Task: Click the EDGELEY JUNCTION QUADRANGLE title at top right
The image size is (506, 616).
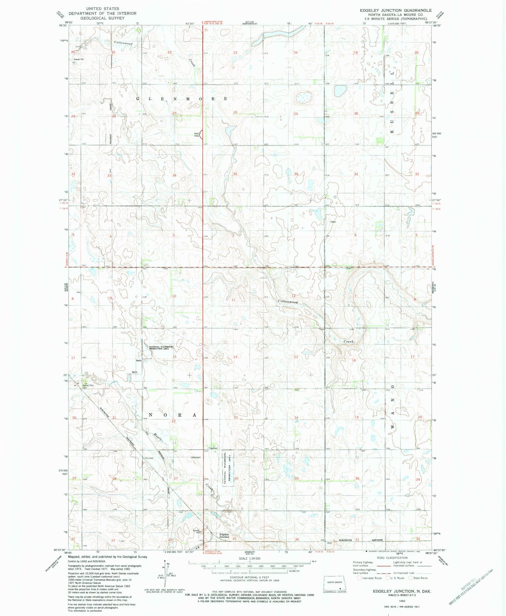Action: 396,10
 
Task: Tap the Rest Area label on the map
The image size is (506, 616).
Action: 197,134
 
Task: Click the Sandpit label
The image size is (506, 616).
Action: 196,457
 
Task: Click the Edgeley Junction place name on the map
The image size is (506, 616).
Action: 224,535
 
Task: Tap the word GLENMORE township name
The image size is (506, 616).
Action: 182,99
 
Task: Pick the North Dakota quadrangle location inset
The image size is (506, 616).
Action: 335,582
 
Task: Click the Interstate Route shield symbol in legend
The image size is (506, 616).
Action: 359,588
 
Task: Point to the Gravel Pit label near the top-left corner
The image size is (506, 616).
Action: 78,59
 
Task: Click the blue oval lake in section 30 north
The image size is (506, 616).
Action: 340,91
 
